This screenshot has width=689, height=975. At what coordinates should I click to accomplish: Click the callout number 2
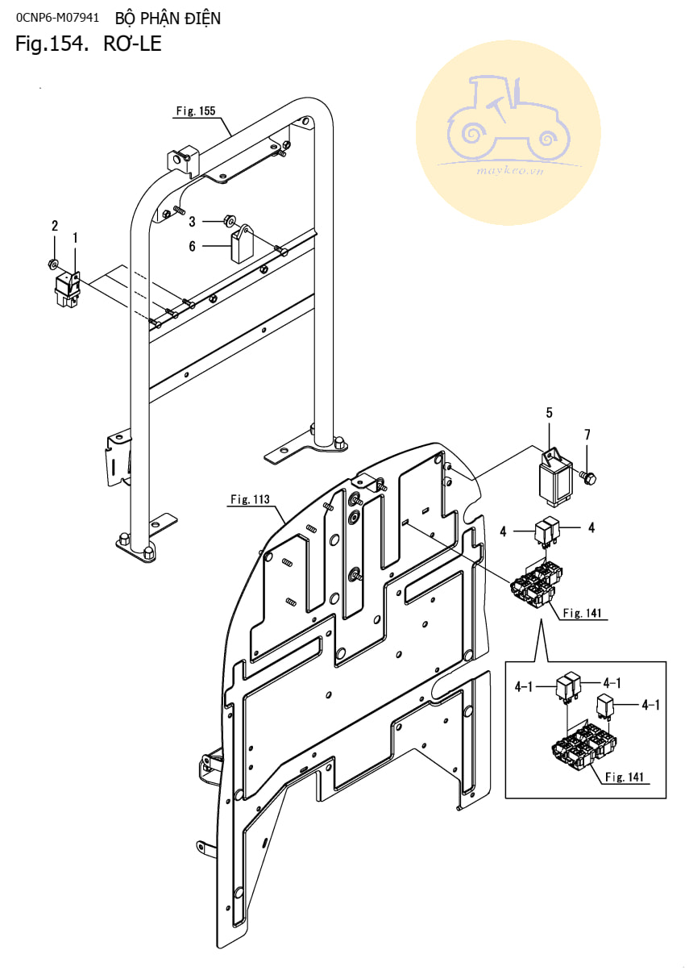(x=54, y=226)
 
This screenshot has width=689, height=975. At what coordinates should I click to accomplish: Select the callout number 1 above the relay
(x=75, y=238)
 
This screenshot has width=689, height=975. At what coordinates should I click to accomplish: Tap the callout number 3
(x=193, y=222)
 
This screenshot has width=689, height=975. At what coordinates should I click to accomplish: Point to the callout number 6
(x=193, y=246)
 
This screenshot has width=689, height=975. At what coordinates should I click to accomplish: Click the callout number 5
(x=549, y=413)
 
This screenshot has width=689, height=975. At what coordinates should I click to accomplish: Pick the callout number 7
(x=587, y=435)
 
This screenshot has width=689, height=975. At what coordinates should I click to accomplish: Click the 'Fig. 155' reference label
(x=196, y=111)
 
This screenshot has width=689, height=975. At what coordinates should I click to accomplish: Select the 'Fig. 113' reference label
(x=250, y=499)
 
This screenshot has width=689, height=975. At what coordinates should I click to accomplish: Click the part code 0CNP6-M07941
(x=57, y=18)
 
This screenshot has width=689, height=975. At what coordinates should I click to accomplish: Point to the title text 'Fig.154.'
(x=52, y=44)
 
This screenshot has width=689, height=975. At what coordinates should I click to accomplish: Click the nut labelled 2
(x=53, y=264)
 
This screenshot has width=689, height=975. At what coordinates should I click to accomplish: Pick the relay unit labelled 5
(x=555, y=477)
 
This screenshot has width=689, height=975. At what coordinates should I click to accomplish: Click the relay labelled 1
(x=68, y=289)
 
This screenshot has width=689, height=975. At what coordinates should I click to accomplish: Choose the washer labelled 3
(x=229, y=221)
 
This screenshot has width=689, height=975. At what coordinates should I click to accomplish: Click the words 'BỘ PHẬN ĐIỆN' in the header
(x=168, y=19)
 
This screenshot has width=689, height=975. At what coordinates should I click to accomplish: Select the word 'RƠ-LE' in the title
(x=133, y=44)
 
